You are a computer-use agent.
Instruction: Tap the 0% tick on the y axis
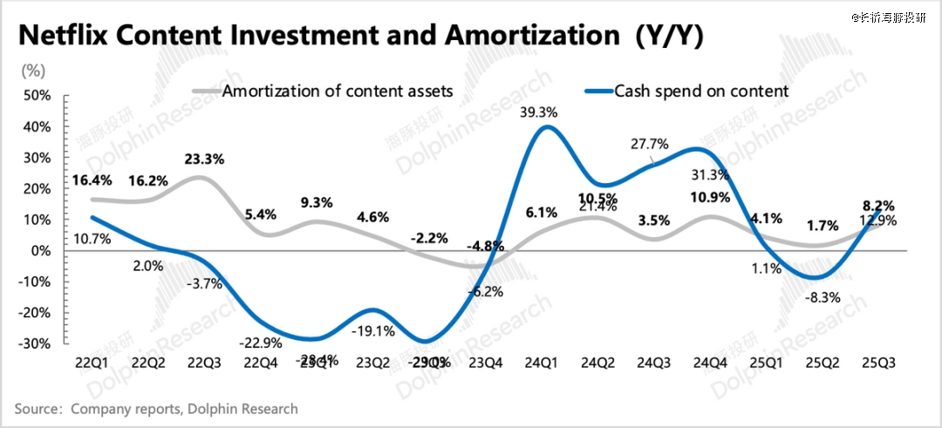(41, 251)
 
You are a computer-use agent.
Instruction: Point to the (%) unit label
(32, 68)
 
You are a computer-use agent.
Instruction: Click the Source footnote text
(156, 408)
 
